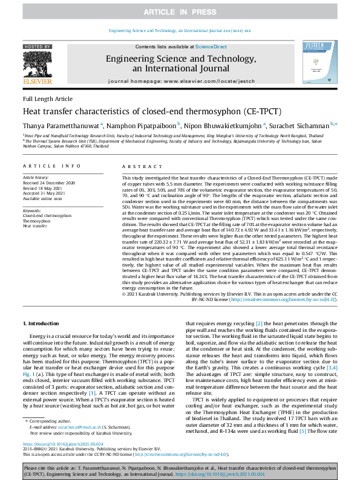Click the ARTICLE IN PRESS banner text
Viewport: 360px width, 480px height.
[x=180, y=12]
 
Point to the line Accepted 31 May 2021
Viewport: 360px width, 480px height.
[x=45, y=193]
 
